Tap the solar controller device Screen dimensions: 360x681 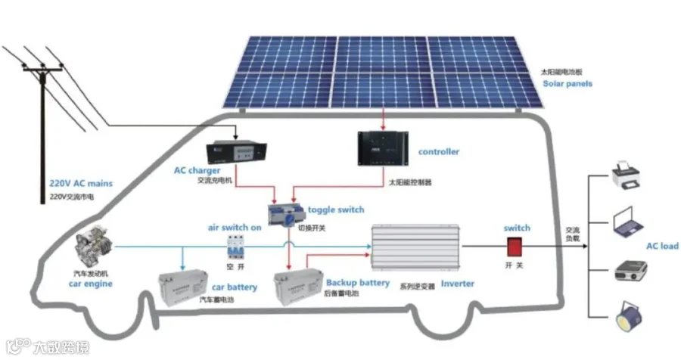point(383,148)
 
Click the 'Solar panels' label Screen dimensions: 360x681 point(567,84)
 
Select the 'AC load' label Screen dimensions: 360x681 point(662,246)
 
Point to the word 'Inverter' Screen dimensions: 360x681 point(457,284)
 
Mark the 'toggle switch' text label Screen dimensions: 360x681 point(337,209)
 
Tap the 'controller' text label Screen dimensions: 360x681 point(438,151)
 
